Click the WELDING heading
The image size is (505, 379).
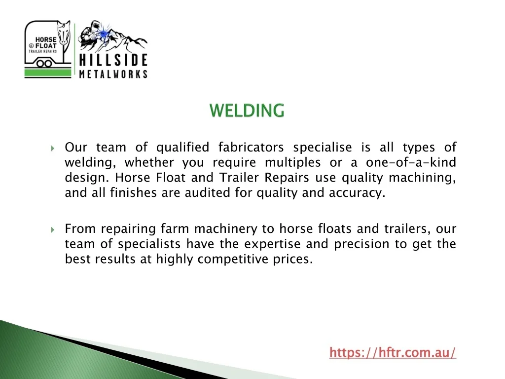click(247, 110)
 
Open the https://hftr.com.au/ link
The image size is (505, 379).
click(393, 352)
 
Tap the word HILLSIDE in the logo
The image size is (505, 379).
click(113, 60)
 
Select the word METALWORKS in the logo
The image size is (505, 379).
click(113, 75)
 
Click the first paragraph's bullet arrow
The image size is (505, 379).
click(53, 148)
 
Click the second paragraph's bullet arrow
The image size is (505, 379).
click(53, 230)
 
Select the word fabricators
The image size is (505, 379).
click(251, 147)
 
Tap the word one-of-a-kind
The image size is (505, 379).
click(411, 162)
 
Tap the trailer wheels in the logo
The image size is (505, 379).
click(44, 63)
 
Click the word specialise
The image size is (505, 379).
click(323, 148)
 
